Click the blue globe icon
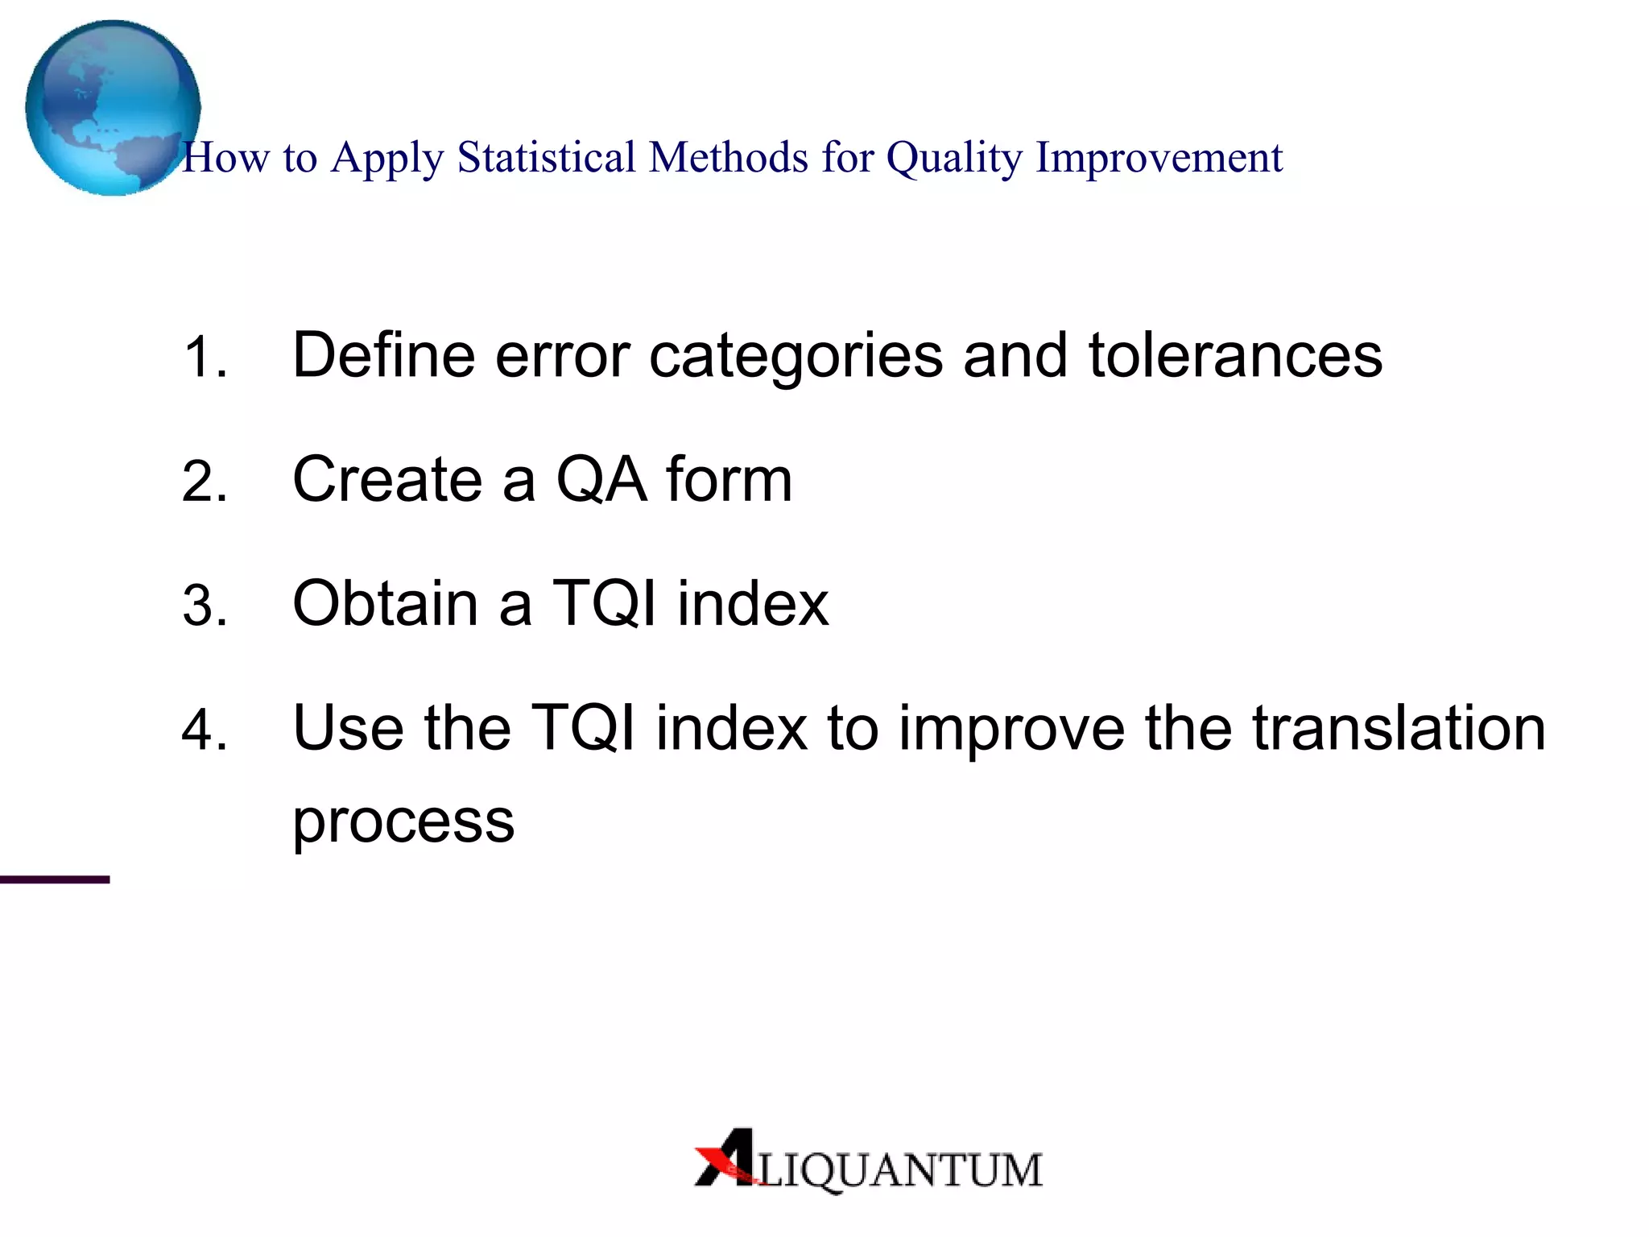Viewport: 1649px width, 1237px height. coord(112,107)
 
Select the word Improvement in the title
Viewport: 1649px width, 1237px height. coord(1159,159)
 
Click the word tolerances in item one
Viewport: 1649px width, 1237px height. coord(1235,355)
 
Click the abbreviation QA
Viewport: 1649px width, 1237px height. coord(601,480)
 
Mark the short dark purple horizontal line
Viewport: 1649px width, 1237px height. coord(54,879)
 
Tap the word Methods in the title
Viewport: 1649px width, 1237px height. coord(728,157)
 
